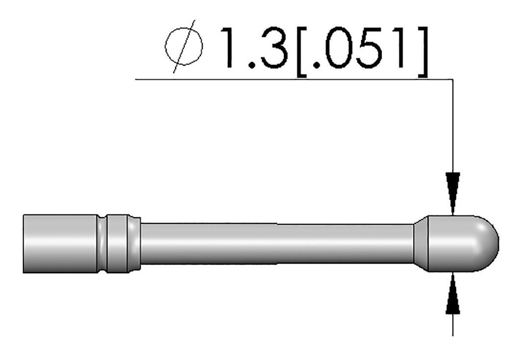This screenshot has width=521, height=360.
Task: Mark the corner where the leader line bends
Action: (452, 80)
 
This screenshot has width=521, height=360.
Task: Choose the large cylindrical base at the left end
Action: (61, 243)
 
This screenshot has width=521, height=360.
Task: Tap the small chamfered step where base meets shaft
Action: (134, 243)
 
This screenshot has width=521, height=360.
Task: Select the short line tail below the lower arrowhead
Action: (452, 325)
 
